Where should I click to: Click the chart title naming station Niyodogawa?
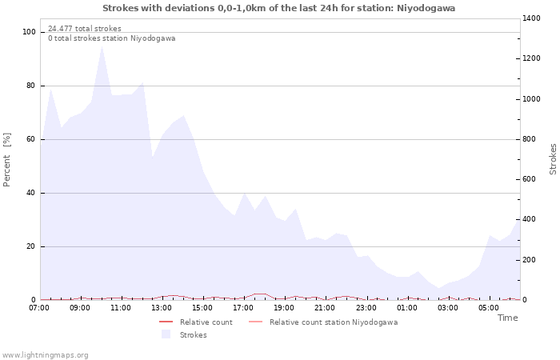(x=279, y=8)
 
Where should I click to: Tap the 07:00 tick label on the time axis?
(x=40, y=307)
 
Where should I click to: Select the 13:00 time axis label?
(x=162, y=307)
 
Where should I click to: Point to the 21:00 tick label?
(x=326, y=307)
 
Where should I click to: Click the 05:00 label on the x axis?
(x=489, y=307)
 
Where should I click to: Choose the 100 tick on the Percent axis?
(x=30, y=32)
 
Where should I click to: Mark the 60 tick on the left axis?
(x=32, y=139)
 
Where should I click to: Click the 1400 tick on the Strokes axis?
(x=532, y=18)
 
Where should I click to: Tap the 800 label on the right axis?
(x=530, y=139)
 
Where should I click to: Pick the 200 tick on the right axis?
(x=530, y=260)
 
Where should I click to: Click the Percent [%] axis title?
(x=7, y=160)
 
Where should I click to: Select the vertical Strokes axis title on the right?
(x=553, y=158)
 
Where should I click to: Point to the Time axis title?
(x=507, y=318)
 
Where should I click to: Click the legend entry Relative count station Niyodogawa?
(x=333, y=322)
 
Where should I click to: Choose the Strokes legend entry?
(x=193, y=335)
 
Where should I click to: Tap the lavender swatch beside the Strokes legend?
(x=166, y=334)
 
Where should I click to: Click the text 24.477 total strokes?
(x=85, y=29)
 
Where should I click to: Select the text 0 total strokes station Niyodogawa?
(x=111, y=38)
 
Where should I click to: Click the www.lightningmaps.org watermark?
(x=45, y=355)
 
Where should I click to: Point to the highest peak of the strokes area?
(x=102, y=47)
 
